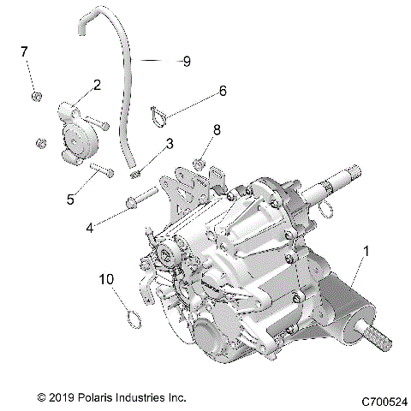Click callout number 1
click(x=368, y=253)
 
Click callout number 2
click(x=97, y=85)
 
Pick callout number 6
click(x=223, y=90)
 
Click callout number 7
click(x=24, y=52)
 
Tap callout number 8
click(x=217, y=130)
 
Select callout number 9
click(x=187, y=61)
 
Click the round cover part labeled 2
click(x=75, y=129)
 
